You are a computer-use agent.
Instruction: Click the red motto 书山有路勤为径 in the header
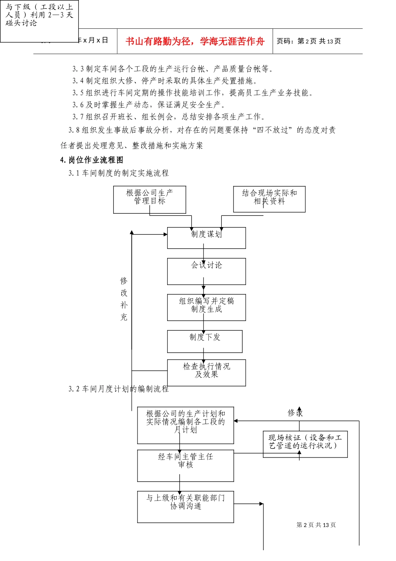195,41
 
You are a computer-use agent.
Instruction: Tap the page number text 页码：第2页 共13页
308,41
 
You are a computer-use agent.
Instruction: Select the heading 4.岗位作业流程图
92,160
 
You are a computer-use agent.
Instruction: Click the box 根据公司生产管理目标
150,200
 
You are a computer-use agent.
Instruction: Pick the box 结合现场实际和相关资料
269,199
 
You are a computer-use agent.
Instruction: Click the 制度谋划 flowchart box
206,238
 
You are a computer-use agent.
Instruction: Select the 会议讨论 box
206,271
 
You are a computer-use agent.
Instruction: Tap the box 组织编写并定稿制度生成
206,307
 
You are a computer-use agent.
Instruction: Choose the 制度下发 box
205,341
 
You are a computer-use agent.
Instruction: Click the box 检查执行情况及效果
206,372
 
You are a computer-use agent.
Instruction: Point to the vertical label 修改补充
124,299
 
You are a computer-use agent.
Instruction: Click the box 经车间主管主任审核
185,465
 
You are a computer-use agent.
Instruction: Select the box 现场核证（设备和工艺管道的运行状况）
305,444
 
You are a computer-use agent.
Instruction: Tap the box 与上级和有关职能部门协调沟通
185,506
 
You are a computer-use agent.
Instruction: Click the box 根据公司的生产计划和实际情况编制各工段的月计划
185,425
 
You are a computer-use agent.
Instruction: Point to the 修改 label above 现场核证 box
295,413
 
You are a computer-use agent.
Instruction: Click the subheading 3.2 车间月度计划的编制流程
119,389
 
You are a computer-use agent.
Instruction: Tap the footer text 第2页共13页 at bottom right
316,525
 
